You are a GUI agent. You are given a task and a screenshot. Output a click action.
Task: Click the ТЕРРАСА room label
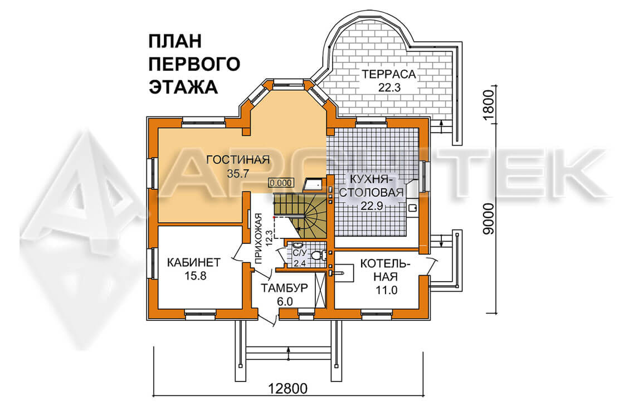pos(389,75)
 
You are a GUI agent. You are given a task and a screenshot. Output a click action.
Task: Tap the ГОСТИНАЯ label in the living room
pos(238,160)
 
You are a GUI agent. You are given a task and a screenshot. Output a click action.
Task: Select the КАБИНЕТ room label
pos(193,262)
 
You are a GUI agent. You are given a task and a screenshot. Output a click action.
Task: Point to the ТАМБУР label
pos(284,288)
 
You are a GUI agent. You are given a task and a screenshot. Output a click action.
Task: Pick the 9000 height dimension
pos(487,219)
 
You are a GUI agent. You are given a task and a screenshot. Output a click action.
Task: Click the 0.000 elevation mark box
pos(281,183)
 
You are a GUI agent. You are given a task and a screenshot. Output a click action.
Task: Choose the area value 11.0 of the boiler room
pos(387,290)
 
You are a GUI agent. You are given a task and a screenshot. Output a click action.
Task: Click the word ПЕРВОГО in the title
pos(194,64)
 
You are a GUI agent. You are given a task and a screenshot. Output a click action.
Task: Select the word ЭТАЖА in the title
pos(183,87)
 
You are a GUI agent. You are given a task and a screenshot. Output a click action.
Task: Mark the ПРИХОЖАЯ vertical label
pos(259,239)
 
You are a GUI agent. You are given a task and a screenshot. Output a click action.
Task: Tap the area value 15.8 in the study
pos(196,276)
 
